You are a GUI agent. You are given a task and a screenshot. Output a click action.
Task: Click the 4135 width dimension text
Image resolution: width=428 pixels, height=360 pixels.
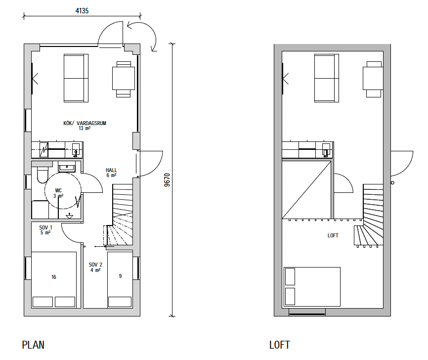82,11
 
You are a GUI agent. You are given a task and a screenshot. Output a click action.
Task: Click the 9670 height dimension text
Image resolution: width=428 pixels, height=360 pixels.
167,180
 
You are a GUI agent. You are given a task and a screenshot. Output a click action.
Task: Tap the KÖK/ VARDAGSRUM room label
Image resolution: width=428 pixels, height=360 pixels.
85,123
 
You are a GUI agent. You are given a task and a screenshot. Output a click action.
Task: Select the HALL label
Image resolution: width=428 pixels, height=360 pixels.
111,170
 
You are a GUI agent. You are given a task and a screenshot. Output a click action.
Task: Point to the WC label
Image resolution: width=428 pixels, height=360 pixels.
58,190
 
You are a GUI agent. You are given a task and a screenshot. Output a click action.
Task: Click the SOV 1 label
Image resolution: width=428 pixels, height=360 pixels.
45,227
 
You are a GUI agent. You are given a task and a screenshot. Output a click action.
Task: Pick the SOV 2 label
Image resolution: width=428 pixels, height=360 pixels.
95,265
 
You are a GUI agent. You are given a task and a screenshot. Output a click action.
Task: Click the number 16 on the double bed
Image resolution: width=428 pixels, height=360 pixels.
54,277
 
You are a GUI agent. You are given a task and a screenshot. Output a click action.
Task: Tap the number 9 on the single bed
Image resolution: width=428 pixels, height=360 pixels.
121,276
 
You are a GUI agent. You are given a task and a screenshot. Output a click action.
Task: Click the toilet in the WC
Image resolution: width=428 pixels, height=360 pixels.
43,175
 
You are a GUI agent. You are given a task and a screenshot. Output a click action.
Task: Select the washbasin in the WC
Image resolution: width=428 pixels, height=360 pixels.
67,167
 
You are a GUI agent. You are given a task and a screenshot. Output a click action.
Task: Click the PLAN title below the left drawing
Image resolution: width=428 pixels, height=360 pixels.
33,345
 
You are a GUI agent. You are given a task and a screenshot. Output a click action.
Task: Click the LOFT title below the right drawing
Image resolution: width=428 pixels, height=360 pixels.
280,345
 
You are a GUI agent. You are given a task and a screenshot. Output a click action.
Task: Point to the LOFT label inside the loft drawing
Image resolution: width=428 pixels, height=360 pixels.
333,235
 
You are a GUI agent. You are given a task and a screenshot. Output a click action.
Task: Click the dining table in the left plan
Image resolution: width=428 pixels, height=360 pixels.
124,79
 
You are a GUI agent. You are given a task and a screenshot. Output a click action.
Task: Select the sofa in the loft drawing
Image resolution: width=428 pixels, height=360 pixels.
327,78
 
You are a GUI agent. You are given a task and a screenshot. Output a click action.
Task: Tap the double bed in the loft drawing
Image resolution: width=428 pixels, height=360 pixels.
312,287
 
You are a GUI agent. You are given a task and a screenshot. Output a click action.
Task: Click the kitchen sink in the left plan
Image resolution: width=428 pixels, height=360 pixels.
76,150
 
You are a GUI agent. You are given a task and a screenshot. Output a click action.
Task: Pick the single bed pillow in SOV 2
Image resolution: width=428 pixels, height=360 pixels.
120,302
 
